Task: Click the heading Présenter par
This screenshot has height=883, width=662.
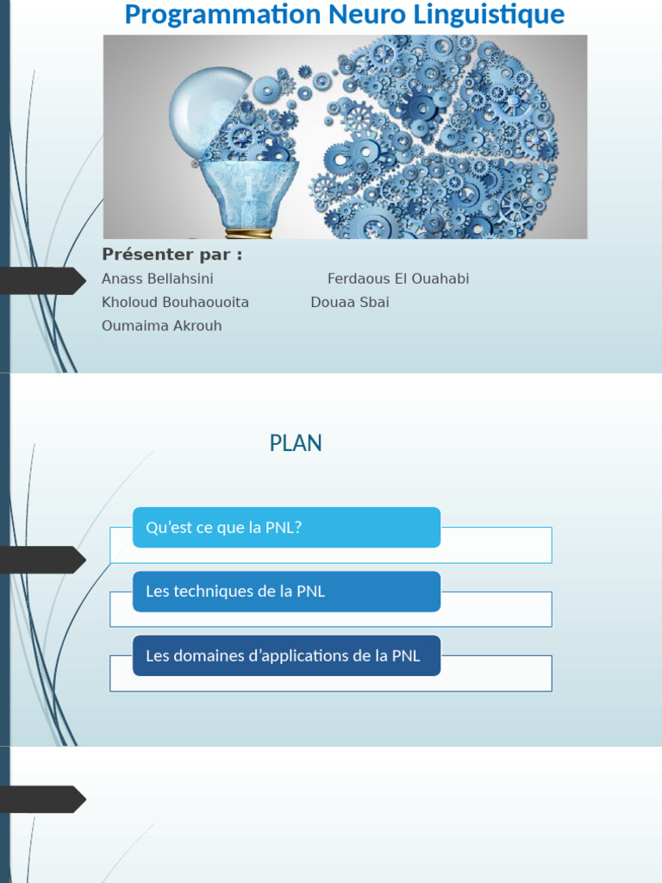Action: pyautogui.click(x=172, y=254)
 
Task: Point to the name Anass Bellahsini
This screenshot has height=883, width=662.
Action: pyautogui.click(x=158, y=279)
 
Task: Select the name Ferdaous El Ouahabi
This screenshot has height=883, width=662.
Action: pyautogui.click(x=398, y=279)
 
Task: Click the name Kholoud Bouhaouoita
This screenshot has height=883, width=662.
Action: pyautogui.click(x=175, y=303)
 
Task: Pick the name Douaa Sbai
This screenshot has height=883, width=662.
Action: pyautogui.click(x=350, y=303)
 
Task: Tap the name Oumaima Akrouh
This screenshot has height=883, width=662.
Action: pyautogui.click(x=161, y=326)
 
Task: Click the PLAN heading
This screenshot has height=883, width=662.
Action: pyautogui.click(x=296, y=443)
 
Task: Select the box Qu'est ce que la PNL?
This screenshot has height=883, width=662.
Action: pyautogui.click(x=286, y=528)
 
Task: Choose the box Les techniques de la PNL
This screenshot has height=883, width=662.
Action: pyautogui.click(x=286, y=592)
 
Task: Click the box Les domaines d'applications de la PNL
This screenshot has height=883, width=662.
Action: pyautogui.click(x=286, y=655)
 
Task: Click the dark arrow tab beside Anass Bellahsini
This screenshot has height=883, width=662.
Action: pyautogui.click(x=43, y=281)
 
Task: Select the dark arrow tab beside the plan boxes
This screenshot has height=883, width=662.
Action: pyautogui.click(x=43, y=560)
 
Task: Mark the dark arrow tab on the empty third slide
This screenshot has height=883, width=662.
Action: pyautogui.click(x=43, y=799)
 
